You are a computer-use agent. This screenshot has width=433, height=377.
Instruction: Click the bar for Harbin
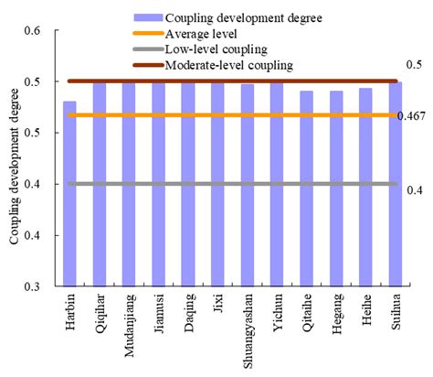pyautogui.click(x=69, y=194)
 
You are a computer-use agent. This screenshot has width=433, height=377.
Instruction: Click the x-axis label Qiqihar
pyautogui.click(x=100, y=314)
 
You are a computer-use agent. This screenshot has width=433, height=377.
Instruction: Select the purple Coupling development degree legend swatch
pyautogui.click(x=146, y=16)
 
